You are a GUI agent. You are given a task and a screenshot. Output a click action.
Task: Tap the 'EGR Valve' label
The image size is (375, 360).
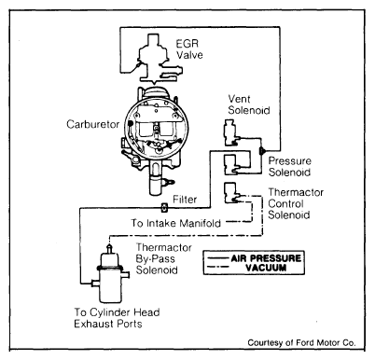coord(189,49)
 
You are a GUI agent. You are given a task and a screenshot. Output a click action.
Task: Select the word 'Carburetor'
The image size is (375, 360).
coord(92,124)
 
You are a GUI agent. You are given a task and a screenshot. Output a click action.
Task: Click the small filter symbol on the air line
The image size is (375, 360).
coord(164,207)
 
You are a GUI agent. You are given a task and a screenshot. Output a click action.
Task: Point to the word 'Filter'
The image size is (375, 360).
coord(185,200)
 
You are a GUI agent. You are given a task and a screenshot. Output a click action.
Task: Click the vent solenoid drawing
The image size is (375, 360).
coord(230,133)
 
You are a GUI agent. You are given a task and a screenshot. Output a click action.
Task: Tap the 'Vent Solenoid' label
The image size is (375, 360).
coord(249,104)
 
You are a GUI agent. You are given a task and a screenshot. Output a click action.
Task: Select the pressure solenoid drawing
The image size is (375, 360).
coord(231,165)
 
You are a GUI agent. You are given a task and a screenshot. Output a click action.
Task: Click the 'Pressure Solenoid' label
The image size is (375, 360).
coord(289,166)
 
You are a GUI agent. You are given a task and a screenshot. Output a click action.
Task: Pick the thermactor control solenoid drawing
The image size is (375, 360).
coord(231,193)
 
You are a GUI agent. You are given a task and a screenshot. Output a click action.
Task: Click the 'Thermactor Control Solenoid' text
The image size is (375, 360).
coord(296,203)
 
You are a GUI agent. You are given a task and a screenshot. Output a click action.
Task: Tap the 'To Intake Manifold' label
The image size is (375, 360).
coord(175,223)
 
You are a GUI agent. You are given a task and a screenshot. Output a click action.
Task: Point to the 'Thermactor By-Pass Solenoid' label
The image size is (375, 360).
coord(163,258)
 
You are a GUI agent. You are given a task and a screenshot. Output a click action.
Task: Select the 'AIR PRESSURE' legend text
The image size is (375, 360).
coord(266,258)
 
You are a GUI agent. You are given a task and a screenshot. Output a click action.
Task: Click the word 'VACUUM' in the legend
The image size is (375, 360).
coord(266,268)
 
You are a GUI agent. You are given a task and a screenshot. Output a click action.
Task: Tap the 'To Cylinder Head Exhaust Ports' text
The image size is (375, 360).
coord(117,318)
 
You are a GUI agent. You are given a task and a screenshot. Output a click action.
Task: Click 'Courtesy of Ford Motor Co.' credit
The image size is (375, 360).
coord(301,342)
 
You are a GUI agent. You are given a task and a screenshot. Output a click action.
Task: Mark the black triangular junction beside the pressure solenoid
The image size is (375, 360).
coord(262,151)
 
